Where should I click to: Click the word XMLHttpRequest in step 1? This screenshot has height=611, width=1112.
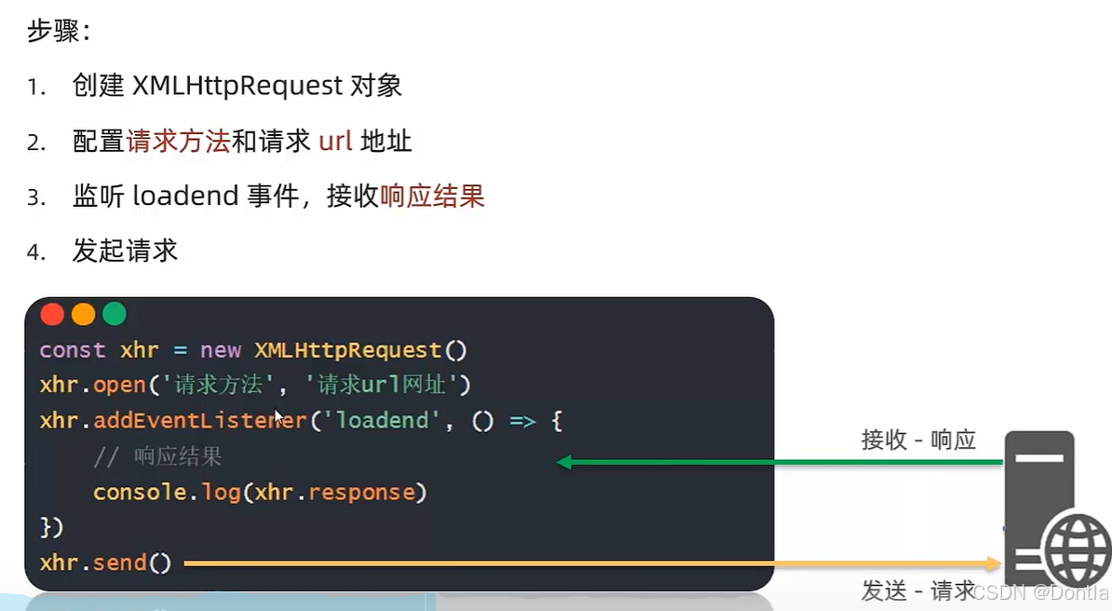[237, 87]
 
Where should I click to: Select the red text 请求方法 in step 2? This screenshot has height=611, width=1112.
[178, 142]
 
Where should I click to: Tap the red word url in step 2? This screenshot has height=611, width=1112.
[335, 142]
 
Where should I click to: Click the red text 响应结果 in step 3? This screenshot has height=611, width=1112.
[432, 197]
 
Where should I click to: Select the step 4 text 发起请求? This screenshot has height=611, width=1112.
[125, 251]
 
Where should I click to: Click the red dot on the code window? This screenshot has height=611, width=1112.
[53, 315]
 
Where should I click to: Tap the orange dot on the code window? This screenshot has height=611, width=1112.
[84, 315]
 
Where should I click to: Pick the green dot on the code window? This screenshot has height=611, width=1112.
[115, 315]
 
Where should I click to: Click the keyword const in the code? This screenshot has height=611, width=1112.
[73, 350]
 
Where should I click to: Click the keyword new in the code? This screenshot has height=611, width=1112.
[221, 350]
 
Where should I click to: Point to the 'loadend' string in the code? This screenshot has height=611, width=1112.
[382, 421]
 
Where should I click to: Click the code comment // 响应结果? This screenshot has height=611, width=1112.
[157, 457]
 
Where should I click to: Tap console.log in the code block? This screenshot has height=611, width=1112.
[167, 493]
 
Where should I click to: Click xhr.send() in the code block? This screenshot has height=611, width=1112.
[106, 563]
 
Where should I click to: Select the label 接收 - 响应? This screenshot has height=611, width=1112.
[918, 441]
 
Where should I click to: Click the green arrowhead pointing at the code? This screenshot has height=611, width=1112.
[563, 462]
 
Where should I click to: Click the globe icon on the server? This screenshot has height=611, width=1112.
[1076, 552]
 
